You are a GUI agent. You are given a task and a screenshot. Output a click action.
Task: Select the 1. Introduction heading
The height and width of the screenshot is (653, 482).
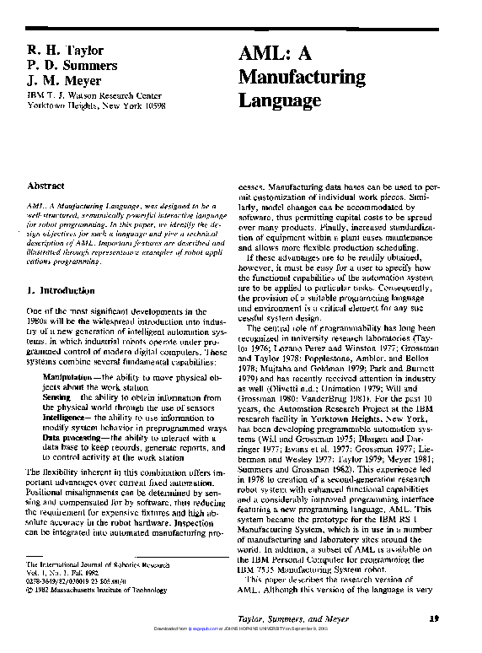coord(62,290)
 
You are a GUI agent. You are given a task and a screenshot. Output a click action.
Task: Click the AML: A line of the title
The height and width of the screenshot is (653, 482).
coord(276,53)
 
